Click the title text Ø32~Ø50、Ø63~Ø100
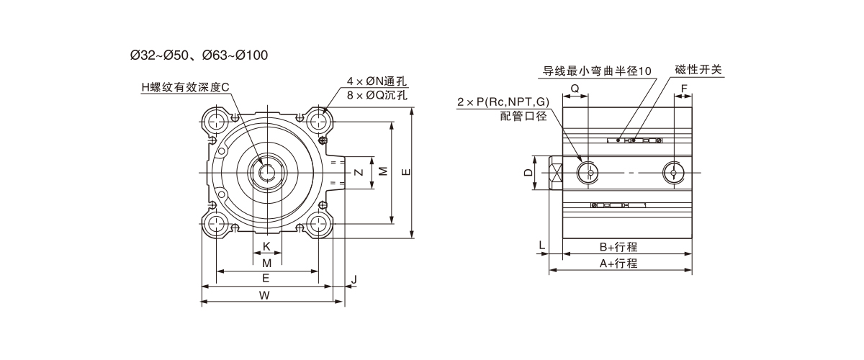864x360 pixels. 199,55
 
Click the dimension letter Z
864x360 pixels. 358,172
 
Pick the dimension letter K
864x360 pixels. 266,247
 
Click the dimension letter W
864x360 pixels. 264,294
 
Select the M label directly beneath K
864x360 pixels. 266,263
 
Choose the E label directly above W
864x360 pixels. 266,278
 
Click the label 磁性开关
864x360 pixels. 698,70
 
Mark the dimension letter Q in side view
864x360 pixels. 575,88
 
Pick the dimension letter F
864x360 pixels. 684,88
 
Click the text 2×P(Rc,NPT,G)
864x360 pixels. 503,103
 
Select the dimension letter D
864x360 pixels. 528,173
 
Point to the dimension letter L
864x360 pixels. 541,246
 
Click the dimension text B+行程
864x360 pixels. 618,247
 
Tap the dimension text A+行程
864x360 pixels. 618,264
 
